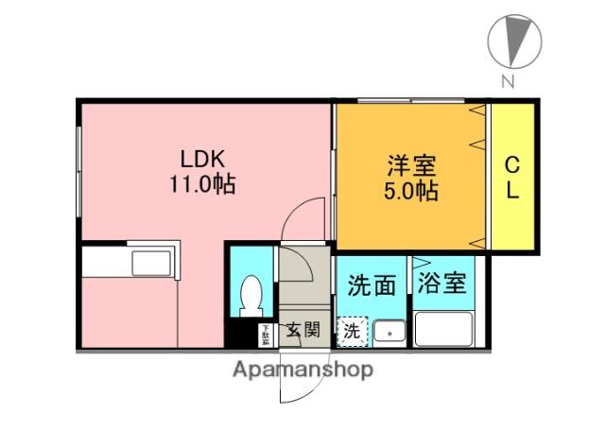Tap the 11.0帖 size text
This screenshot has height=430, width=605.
click(x=201, y=184)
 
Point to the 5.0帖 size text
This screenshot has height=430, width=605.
click(x=410, y=191)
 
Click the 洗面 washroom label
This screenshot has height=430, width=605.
click(x=372, y=284)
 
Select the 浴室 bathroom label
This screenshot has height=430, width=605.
click(x=442, y=282)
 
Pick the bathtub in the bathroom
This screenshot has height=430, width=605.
click(x=443, y=331)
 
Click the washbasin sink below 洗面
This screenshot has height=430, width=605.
click(x=389, y=333)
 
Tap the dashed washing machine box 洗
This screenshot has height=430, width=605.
click(x=352, y=332)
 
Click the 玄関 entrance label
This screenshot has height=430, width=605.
click(x=303, y=330)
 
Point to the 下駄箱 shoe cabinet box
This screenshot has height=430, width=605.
click(x=266, y=334)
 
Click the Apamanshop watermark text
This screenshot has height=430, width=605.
click(x=302, y=369)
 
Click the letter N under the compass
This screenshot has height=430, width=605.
click(x=508, y=82)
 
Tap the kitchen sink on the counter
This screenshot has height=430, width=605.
click(x=150, y=262)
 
